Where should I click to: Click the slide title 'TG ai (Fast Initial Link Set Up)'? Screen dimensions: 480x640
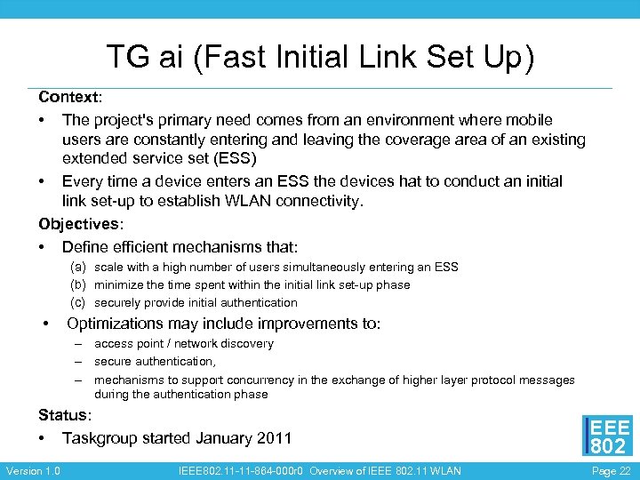320,58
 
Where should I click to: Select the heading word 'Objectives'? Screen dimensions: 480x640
77,224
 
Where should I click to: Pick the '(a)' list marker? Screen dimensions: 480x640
79,267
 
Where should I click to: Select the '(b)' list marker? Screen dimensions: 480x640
79,284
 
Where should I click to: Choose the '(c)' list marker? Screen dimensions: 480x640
79,302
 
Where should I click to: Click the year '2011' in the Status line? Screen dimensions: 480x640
271,437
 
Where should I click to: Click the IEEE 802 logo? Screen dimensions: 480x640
607,436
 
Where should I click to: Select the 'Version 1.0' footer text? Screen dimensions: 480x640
34,471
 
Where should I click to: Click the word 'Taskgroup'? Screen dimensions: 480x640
102,437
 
